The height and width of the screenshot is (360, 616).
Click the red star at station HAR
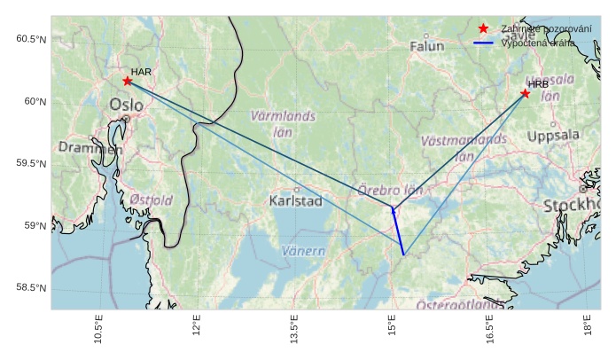[x=128, y=81]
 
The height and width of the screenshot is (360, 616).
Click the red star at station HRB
[x=526, y=93]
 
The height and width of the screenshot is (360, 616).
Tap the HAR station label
[x=141, y=71]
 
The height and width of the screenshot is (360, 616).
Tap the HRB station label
[x=539, y=83]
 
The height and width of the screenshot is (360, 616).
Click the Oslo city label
[x=127, y=106]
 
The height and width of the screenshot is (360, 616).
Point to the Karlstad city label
[x=295, y=201]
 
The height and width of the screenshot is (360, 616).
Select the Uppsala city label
[x=553, y=137]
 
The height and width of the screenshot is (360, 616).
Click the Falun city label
[x=426, y=46]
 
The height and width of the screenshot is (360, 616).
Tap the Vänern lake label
[x=303, y=251]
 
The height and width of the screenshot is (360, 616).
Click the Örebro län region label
[x=390, y=190]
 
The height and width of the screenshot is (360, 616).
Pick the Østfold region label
[x=151, y=200]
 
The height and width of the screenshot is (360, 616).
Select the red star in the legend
[x=483, y=29]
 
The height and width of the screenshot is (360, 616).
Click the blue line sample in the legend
[x=483, y=43]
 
